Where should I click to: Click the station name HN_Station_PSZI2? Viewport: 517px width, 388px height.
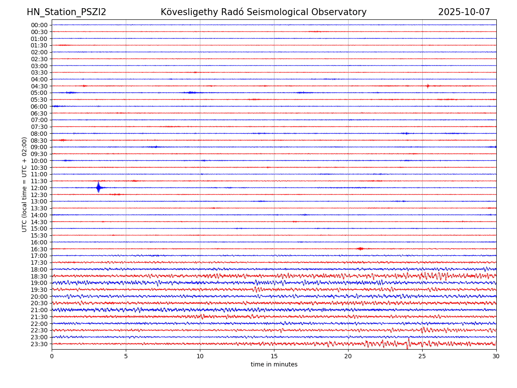click(x=66, y=12)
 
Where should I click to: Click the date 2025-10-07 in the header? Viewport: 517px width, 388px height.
click(x=464, y=12)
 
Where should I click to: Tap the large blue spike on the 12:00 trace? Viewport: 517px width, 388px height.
click(x=99, y=188)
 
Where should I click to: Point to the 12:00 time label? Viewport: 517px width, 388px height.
click(x=39, y=188)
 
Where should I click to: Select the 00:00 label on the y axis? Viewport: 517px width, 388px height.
click(x=39, y=25)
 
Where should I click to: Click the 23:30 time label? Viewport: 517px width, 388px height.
click(x=39, y=344)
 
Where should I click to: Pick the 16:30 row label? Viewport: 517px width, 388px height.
click(x=39, y=249)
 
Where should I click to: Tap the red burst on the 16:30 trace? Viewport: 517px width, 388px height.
click(x=360, y=249)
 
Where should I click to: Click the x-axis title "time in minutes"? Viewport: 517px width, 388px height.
click(x=274, y=365)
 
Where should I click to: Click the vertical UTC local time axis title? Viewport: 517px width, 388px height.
click(x=25, y=185)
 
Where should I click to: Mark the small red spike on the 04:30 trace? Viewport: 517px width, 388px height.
click(x=427, y=86)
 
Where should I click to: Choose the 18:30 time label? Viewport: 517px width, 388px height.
click(x=39, y=276)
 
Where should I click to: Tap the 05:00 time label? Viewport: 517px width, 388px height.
click(x=39, y=93)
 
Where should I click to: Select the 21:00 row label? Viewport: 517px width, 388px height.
click(x=39, y=310)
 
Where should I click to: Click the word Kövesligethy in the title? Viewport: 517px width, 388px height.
click(x=190, y=12)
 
